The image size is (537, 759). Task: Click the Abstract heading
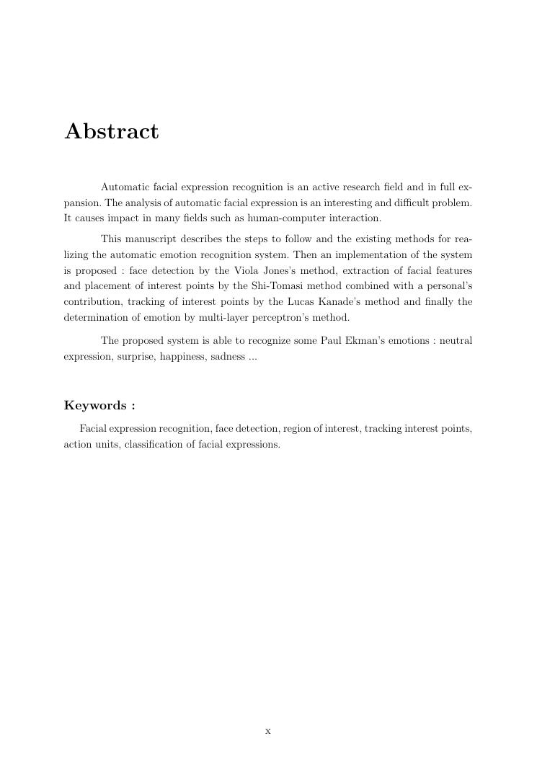point(112,132)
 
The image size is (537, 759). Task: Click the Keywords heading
point(99,405)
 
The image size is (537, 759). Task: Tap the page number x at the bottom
point(268,731)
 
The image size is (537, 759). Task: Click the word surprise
point(136,357)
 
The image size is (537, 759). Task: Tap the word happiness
point(182,357)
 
